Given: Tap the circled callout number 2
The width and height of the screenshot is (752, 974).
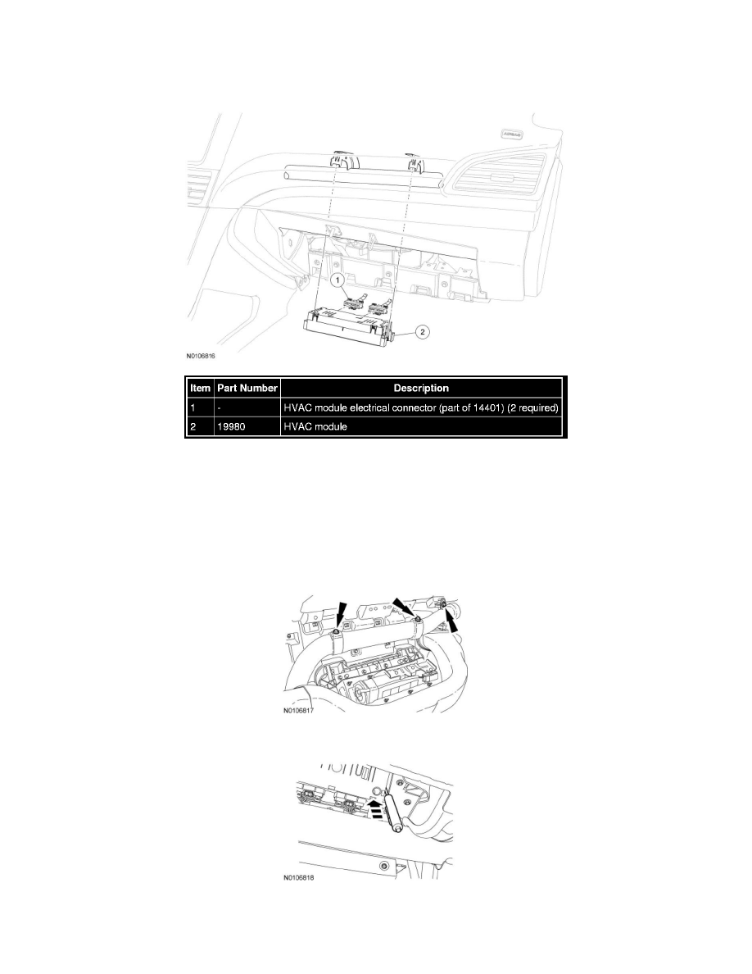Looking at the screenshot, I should pos(421,333).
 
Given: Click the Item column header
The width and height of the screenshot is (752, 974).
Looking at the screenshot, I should pos(200,388).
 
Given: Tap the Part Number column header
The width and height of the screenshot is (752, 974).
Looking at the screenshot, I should pos(247,388).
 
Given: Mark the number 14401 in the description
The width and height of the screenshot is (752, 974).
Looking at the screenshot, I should pos(471,407).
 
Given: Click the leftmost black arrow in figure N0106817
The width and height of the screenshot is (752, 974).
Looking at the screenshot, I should pos(341,612).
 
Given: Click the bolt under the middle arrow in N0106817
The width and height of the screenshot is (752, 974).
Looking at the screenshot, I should pos(419,618).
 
